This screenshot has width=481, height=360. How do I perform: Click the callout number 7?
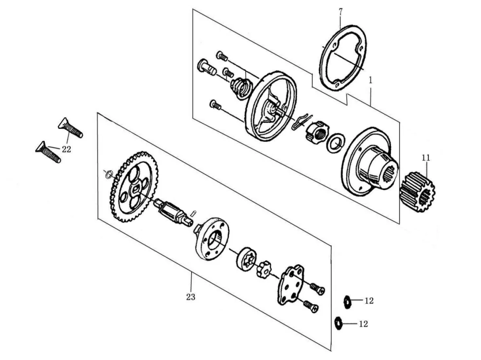click(340, 12)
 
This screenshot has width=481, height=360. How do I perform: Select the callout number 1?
click(371, 80)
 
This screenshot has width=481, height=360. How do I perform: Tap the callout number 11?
click(426, 158)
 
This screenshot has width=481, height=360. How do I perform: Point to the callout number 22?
click(66, 149)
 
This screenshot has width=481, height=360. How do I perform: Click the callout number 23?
click(190, 297)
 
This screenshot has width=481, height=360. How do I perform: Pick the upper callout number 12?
click(369, 301)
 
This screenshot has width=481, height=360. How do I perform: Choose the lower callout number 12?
click(363, 324)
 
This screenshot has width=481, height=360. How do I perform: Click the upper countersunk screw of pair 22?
click(70, 127)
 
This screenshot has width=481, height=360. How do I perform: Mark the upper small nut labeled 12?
click(347, 302)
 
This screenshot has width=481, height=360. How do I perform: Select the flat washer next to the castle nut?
click(336, 142)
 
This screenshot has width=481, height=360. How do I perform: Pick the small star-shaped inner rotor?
click(265, 268)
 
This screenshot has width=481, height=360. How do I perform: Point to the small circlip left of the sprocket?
click(108, 175)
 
